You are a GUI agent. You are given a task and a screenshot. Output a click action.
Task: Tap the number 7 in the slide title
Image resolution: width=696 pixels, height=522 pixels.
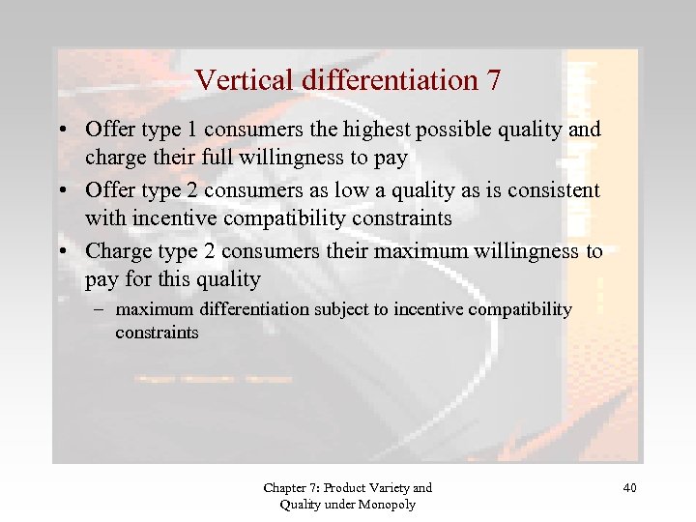[x=493, y=80]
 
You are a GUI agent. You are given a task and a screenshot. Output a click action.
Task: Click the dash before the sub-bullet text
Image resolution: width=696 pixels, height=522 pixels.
[x=101, y=309]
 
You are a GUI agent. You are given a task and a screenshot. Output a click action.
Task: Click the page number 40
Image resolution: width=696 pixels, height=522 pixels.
[x=629, y=488]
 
